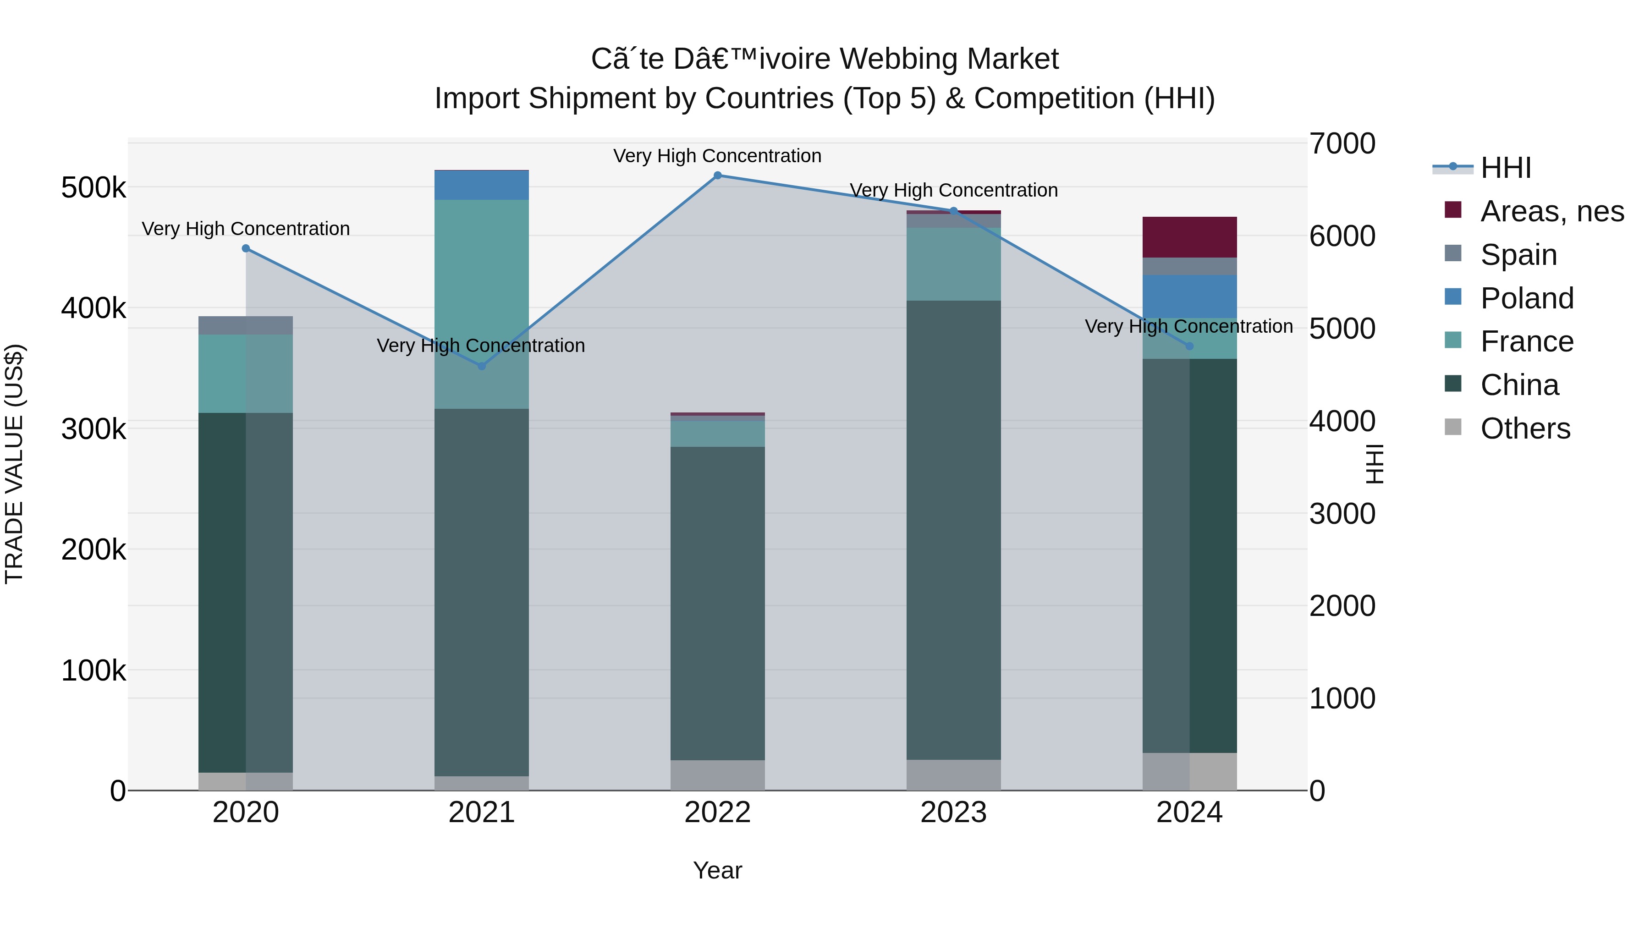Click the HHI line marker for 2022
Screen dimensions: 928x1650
(x=717, y=176)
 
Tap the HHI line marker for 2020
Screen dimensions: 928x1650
(x=246, y=248)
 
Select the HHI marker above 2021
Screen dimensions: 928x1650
(x=482, y=366)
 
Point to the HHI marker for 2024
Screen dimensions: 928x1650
(x=1189, y=346)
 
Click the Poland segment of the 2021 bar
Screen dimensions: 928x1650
(x=482, y=185)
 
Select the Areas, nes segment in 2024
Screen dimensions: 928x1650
(x=1189, y=237)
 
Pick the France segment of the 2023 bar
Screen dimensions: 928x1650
(x=953, y=264)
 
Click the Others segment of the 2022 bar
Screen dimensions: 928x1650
(x=717, y=775)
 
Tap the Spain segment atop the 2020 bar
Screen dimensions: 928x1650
(x=246, y=325)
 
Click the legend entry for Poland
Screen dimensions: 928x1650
(x=1526, y=298)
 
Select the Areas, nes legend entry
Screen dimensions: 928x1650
(x=1551, y=211)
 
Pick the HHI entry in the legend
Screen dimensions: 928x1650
(x=1505, y=168)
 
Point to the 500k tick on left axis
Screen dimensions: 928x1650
(x=93, y=188)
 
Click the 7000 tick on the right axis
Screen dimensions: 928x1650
(x=1342, y=143)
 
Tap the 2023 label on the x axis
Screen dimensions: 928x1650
(x=953, y=813)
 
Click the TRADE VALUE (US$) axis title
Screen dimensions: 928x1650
(x=14, y=464)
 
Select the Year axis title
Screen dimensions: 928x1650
(x=717, y=870)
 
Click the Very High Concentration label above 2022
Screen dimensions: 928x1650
(x=717, y=156)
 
